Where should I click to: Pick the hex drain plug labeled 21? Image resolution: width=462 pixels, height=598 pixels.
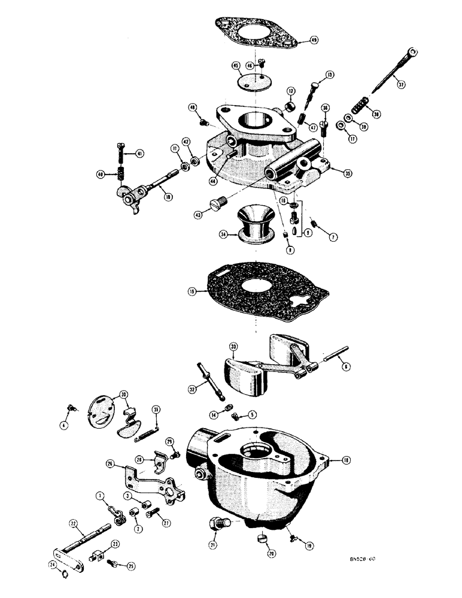click(217, 526)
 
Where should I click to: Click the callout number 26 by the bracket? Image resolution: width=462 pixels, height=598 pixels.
click(110, 463)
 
